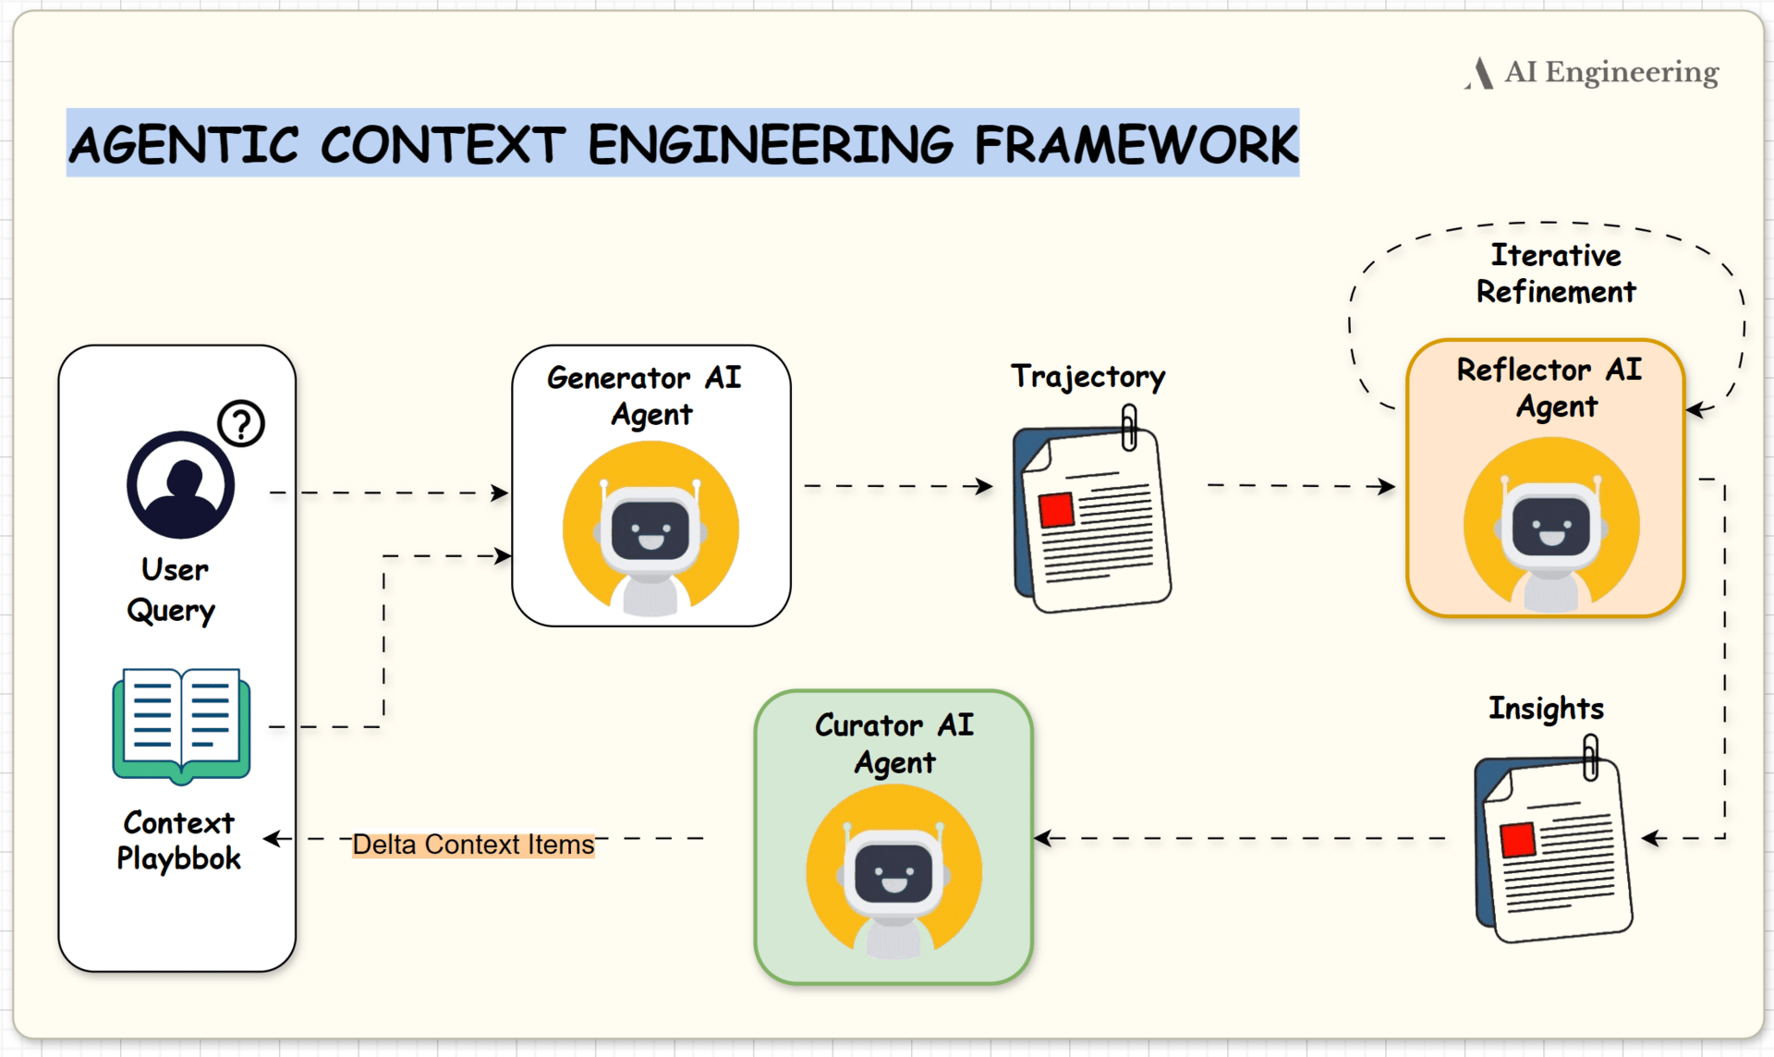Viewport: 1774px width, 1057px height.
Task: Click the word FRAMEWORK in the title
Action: pos(1136,145)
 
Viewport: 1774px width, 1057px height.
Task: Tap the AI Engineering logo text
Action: pos(1610,72)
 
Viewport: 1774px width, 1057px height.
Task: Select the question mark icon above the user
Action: pos(241,423)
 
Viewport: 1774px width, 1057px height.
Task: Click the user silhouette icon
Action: pos(181,485)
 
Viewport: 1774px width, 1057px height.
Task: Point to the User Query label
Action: pos(174,589)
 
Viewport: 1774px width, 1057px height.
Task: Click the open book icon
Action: pos(181,725)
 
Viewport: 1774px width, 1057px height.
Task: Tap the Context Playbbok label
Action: pos(179,840)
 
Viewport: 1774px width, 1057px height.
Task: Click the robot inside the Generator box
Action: pos(650,531)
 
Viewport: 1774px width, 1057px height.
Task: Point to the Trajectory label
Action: pos(1087,376)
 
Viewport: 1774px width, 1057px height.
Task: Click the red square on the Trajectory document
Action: pos(1056,509)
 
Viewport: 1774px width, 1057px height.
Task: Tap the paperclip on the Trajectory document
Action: pos(1129,427)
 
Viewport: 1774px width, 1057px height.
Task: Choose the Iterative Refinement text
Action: pos(1556,273)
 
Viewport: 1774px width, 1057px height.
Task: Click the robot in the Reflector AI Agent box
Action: pos(1551,528)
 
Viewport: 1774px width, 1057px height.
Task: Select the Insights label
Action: pos(1546,709)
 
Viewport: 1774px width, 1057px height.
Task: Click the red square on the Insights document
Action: pos(1518,840)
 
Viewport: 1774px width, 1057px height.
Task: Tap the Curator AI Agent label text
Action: pos(894,744)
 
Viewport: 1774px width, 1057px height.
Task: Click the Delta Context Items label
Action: pos(473,844)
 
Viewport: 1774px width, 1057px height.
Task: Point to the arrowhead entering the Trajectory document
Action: pos(985,486)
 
